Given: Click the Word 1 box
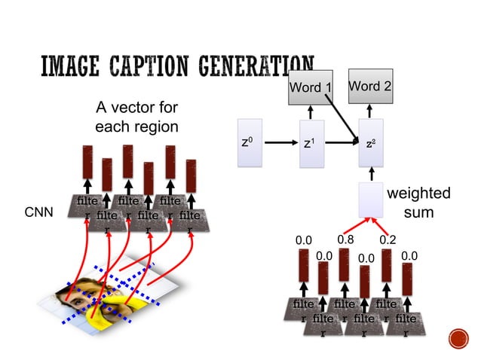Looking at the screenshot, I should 311,88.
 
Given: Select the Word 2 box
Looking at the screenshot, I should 369,87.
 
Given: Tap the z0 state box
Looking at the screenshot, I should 250,142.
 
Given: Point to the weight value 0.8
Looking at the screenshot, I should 345,239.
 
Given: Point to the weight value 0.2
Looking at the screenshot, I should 388,239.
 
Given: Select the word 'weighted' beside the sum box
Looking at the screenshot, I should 418,194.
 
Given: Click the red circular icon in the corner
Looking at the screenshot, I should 458,338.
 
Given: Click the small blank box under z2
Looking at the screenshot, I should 370,199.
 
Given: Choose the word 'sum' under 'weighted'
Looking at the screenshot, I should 418,212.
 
